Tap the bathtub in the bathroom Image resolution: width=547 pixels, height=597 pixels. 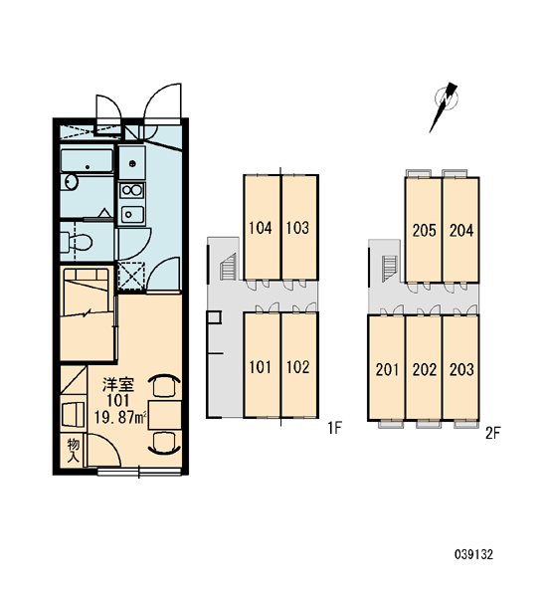tap(88, 160)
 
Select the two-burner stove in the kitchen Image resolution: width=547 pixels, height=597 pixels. tap(131, 190)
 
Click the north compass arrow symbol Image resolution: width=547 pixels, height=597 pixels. tap(445, 106)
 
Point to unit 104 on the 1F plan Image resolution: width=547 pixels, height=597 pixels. tap(262, 227)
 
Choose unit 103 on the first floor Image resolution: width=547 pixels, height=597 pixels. tap(299, 227)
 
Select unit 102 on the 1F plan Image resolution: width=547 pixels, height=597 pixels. tap(299, 365)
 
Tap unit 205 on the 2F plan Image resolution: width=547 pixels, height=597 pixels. tap(424, 230)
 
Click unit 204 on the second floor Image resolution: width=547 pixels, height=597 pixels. tap(460, 230)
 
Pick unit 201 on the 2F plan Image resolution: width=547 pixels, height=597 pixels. tap(386, 368)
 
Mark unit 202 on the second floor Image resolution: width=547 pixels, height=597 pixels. tap(424, 368)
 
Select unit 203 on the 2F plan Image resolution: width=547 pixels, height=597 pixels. tap(460, 368)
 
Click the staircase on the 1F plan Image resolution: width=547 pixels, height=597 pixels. tap(229, 267)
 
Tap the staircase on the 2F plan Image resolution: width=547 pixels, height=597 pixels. tap(389, 269)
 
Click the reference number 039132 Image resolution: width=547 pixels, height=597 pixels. tap(474, 554)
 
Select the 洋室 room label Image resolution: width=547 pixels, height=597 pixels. tap(118, 385)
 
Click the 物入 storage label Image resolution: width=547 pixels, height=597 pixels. tap(73, 450)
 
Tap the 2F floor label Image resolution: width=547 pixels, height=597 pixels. tap(492, 433)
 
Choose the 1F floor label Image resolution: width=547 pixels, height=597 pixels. tap(334, 428)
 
